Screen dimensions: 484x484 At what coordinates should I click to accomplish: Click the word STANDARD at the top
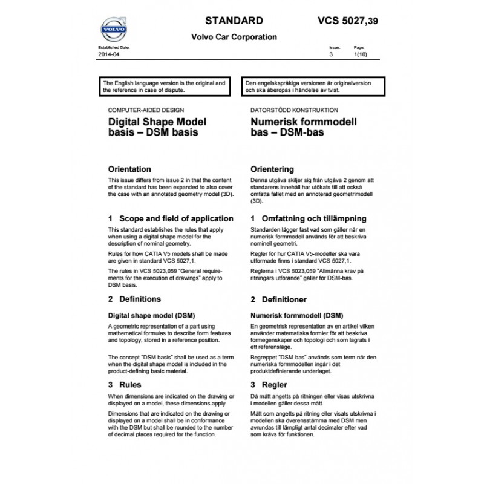(x=234, y=20)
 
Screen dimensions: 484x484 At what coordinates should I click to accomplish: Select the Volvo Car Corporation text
(x=234, y=37)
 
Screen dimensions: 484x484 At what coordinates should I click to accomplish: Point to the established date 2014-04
(x=109, y=54)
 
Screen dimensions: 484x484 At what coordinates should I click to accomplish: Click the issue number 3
(x=331, y=54)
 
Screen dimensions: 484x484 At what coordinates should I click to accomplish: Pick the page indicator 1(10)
(x=359, y=54)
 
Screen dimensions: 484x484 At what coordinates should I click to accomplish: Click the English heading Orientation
(x=129, y=169)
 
